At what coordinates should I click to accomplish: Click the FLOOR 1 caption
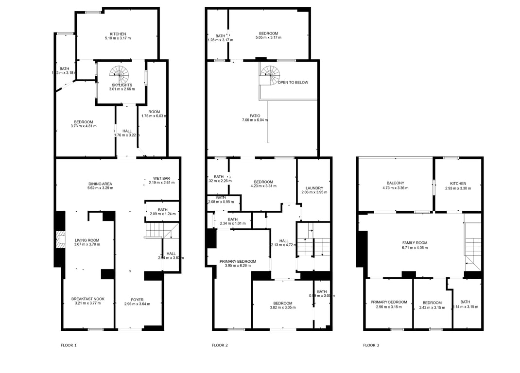point(69,345)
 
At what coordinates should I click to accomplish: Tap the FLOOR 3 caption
point(371,345)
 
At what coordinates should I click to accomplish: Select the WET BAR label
point(161,178)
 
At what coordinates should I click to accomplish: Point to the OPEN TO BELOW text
point(293,83)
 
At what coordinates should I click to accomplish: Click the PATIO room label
point(255,116)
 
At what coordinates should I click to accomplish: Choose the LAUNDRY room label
point(314,188)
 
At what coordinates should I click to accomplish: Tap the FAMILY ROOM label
point(415,243)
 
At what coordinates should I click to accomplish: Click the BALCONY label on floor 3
point(395,183)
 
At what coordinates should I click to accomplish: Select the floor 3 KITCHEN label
point(458,184)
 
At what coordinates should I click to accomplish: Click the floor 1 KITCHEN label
point(118,34)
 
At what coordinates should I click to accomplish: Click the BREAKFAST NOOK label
point(87,299)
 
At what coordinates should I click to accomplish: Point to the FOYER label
point(137,300)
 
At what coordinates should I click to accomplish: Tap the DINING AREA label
point(100,184)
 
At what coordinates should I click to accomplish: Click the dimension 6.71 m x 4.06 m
point(415,248)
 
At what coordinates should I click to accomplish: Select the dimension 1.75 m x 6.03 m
point(154,116)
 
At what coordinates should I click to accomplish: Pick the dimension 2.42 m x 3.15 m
point(432,307)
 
